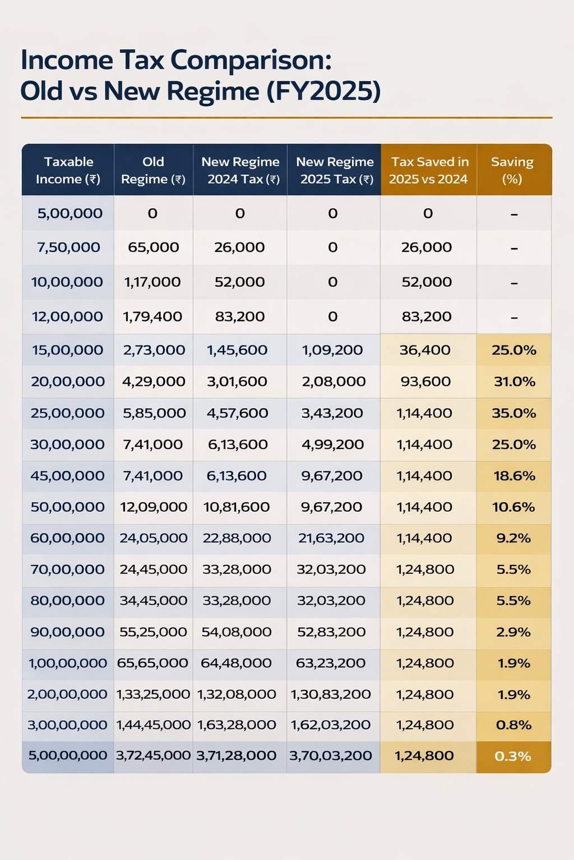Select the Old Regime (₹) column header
click(153, 170)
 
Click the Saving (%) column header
click(512, 170)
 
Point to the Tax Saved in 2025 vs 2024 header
click(429, 170)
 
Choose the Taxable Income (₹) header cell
click(68, 170)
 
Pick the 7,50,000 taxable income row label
click(68, 247)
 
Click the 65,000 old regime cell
click(154, 247)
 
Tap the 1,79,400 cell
click(152, 317)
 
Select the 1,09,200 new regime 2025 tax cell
click(332, 350)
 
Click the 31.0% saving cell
click(514, 382)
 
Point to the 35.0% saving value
click(514, 413)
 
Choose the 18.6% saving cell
click(514, 476)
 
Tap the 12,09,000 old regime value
click(154, 507)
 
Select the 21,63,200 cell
click(331, 538)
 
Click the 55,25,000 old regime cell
click(153, 632)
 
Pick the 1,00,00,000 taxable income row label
click(68, 663)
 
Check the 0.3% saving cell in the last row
click(513, 756)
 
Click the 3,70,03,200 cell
click(331, 756)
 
